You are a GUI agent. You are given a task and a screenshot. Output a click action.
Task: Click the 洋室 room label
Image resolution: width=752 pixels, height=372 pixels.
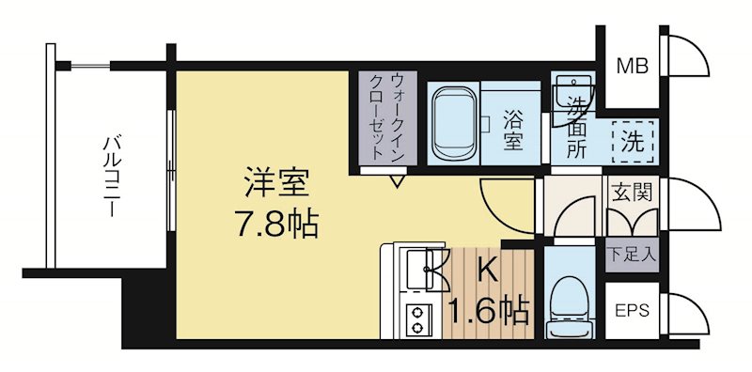(x=274, y=178)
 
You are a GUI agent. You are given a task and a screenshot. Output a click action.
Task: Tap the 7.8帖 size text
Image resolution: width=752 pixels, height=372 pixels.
(x=274, y=223)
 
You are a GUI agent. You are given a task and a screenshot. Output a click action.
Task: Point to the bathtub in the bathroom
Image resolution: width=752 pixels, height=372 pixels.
(x=456, y=122)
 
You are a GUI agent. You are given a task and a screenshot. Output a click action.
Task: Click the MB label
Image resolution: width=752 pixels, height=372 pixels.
(x=629, y=66)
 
